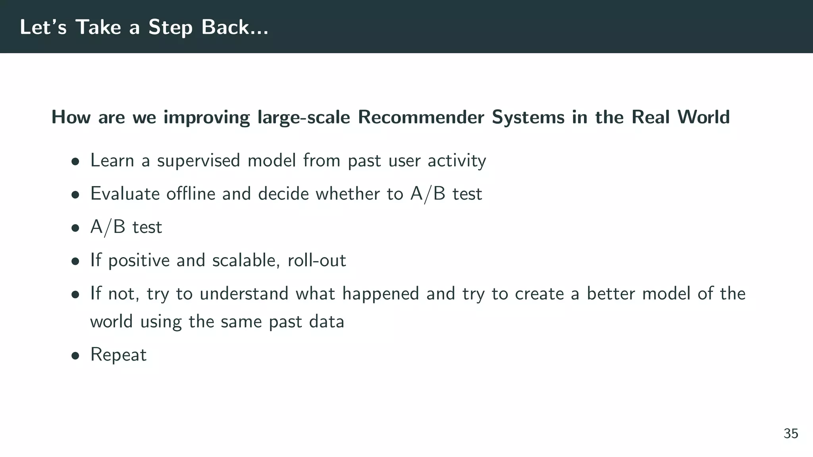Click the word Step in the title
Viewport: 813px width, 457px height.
171,28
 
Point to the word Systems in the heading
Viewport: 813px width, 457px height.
528,118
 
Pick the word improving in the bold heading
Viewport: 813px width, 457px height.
206,118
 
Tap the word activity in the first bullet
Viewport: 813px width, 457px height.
457,161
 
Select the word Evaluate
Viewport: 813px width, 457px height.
125,194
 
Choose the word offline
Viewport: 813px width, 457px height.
191,194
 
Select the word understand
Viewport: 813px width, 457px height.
244,294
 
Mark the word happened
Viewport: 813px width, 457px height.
380,294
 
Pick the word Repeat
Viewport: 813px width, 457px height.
118,355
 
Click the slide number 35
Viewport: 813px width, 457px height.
791,434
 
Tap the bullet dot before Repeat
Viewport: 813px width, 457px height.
75,356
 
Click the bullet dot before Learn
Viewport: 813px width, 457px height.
75,162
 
